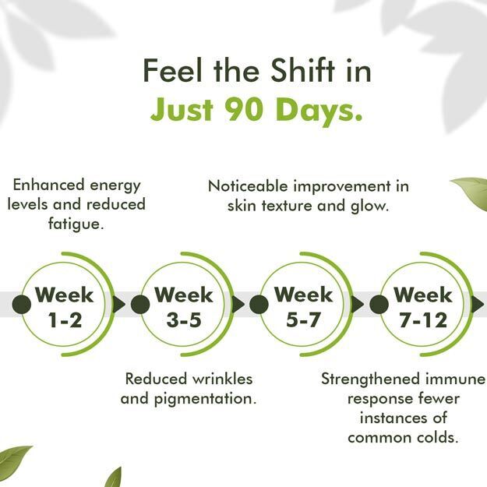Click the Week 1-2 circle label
[x=65, y=307]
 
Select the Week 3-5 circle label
[x=184, y=307]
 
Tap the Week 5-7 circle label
[x=303, y=307]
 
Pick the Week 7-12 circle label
[x=423, y=307]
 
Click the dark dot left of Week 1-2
[x=22, y=305]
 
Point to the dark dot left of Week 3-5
[x=140, y=305]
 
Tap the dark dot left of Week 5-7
[x=259, y=305]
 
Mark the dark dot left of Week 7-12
[x=379, y=305]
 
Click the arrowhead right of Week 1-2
[x=118, y=305]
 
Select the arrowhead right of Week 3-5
[x=238, y=305]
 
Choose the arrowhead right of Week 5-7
[x=358, y=305]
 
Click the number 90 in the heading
[x=244, y=110]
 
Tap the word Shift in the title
[x=303, y=70]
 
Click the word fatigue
[x=76, y=224]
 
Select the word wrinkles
[x=222, y=379]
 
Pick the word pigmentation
[x=205, y=399]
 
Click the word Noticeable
[x=249, y=186]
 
